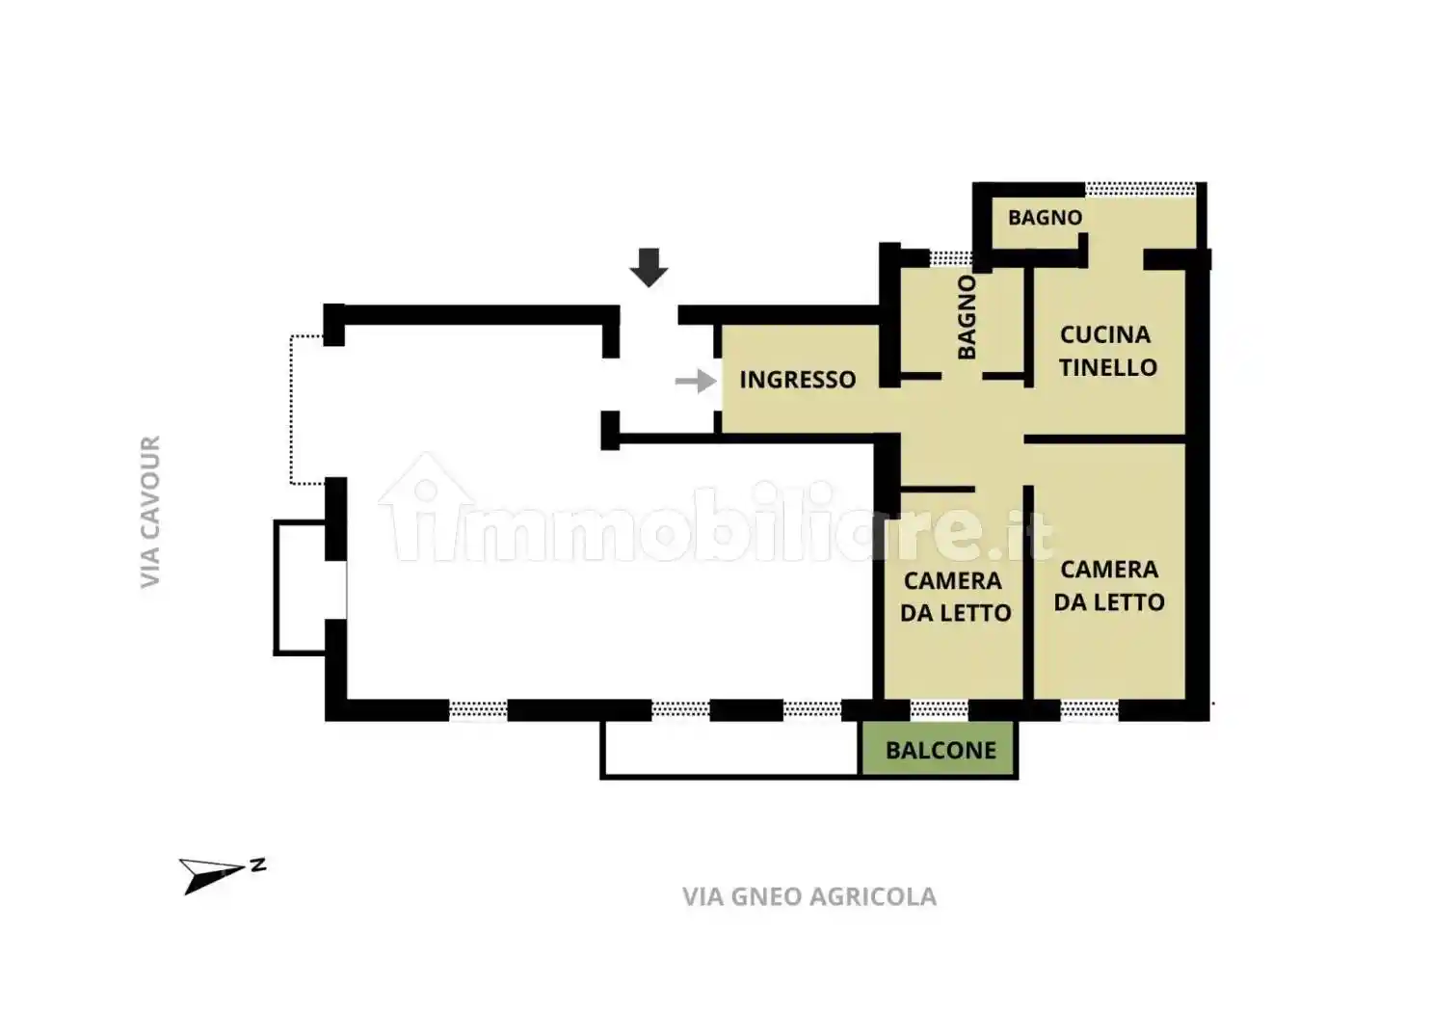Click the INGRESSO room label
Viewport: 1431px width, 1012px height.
[x=797, y=380]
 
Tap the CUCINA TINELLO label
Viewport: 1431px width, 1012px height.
[x=1108, y=351]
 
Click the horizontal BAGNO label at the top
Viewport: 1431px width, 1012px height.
[x=1045, y=218]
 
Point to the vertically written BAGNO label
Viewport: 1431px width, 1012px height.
[x=967, y=317]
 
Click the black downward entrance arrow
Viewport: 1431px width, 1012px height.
[x=649, y=268]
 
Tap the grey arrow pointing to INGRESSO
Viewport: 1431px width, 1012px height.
[x=696, y=382]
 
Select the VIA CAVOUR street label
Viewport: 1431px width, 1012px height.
[x=150, y=511]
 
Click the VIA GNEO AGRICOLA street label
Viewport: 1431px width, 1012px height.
[x=809, y=896]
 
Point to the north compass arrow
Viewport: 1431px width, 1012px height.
[x=212, y=875]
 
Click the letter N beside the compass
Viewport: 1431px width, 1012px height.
[x=258, y=866]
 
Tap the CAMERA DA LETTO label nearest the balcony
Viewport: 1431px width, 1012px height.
[x=955, y=597]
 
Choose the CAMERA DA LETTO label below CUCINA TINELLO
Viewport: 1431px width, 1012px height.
[x=1109, y=585]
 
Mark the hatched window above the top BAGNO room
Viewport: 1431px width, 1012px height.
[x=1140, y=189]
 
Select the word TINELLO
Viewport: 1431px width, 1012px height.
[x=1108, y=367]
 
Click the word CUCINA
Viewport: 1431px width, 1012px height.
[x=1105, y=334]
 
